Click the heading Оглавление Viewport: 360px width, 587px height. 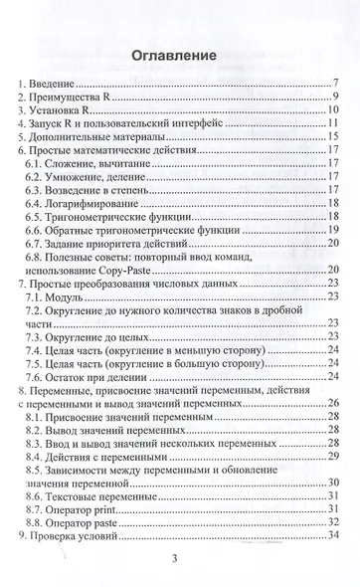pyautogui.click(x=179, y=56)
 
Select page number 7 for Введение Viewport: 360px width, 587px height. pyautogui.click(x=338, y=82)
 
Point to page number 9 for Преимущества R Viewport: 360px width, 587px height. pyautogui.click(x=338, y=98)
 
